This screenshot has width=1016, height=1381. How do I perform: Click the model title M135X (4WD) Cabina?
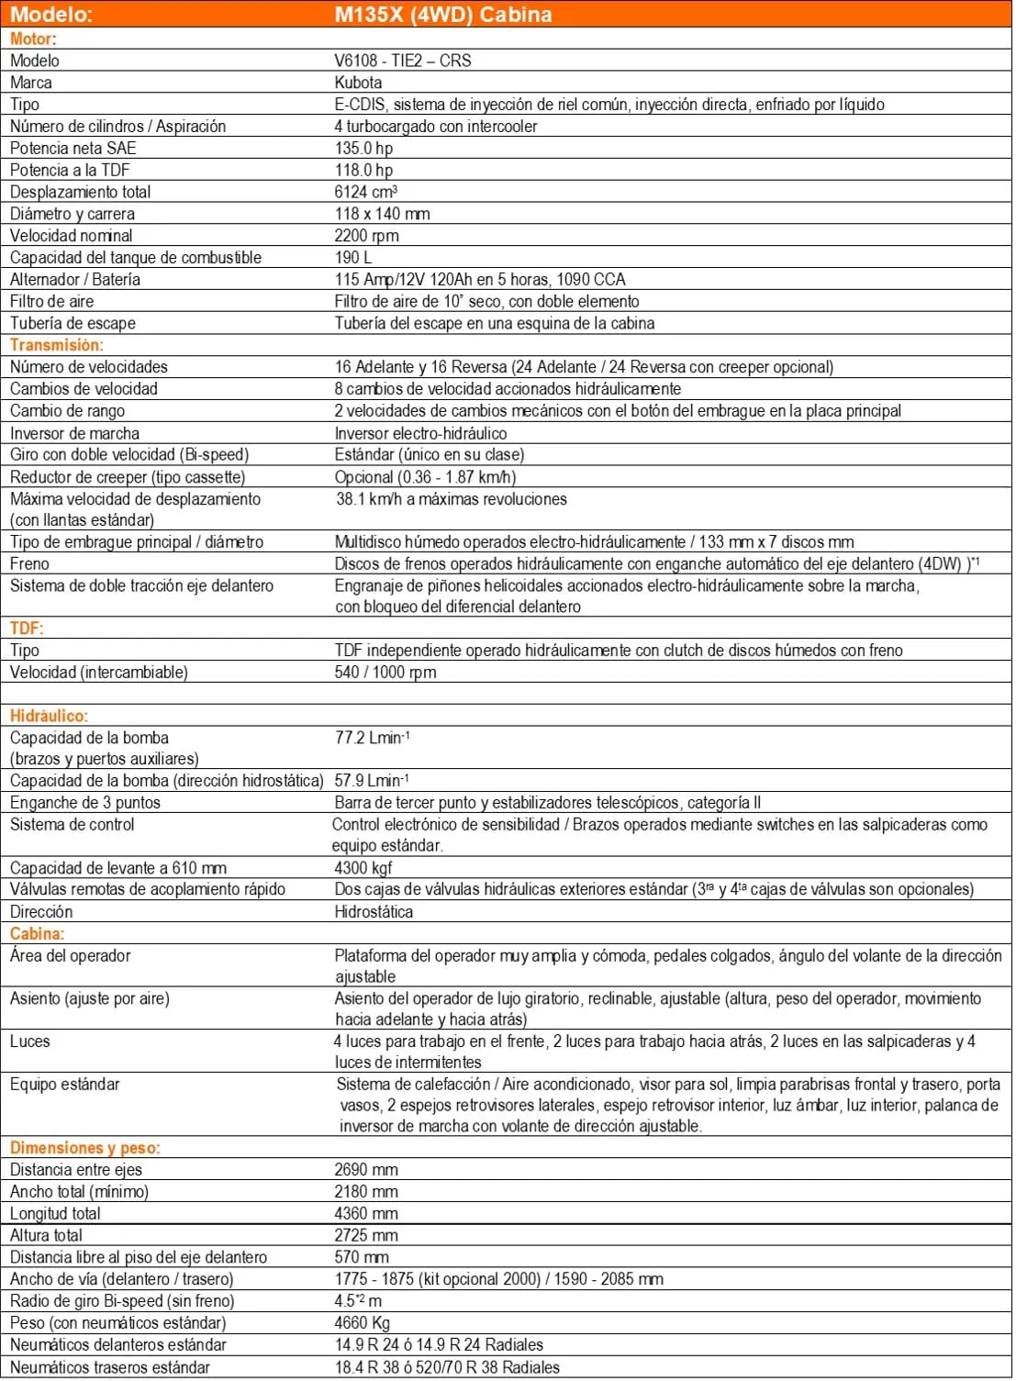443,15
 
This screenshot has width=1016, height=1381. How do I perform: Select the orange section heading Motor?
33,39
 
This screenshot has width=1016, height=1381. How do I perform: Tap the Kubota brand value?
358,83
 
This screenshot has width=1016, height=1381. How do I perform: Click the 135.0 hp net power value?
363,149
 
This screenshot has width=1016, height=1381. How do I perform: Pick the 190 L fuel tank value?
353,258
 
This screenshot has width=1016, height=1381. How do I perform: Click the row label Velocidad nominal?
72,236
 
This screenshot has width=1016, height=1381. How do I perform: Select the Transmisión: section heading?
57,345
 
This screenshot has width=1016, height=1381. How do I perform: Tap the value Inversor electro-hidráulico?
420,433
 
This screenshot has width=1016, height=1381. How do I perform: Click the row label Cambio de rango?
67,411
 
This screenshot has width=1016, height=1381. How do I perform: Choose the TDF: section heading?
27,629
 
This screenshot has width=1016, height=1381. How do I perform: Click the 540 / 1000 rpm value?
385,673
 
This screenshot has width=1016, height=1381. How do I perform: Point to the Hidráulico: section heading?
49,717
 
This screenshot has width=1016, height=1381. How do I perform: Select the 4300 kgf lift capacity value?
363,868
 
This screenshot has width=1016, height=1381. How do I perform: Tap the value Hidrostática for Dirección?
374,912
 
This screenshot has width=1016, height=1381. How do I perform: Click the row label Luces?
30,1041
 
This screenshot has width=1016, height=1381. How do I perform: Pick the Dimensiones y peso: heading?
84,1148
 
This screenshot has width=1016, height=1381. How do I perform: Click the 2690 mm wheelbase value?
366,1170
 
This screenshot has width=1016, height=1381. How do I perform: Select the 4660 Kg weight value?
363,1323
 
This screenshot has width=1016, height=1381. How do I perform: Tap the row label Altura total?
46,1235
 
